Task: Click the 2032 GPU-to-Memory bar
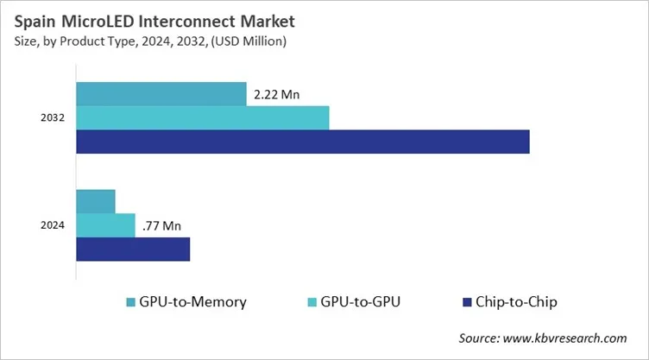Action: coord(161,93)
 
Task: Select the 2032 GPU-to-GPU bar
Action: coord(203,117)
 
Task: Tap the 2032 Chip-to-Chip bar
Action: coord(303,142)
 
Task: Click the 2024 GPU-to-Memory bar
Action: coord(96,201)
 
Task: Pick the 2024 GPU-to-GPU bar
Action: coord(106,225)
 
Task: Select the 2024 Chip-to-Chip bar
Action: coord(133,249)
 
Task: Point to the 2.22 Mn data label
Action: coord(277,94)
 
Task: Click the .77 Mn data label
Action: coord(161,226)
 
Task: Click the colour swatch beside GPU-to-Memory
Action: coord(130,302)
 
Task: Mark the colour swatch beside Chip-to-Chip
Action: coord(467,302)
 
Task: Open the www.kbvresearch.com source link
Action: coord(567,338)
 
